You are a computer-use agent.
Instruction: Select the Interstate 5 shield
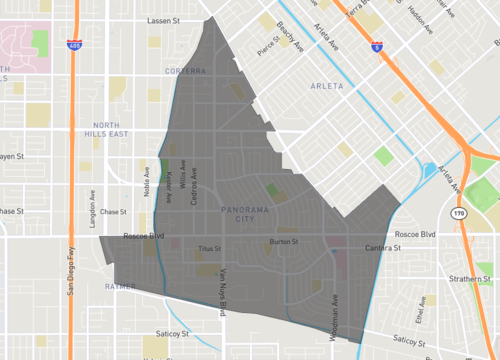[374, 44]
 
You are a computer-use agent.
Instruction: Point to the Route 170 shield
[458, 214]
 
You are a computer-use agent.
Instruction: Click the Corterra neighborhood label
[186, 71]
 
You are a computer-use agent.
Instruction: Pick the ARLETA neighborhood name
[327, 86]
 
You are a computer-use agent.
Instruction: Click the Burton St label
[285, 241]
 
